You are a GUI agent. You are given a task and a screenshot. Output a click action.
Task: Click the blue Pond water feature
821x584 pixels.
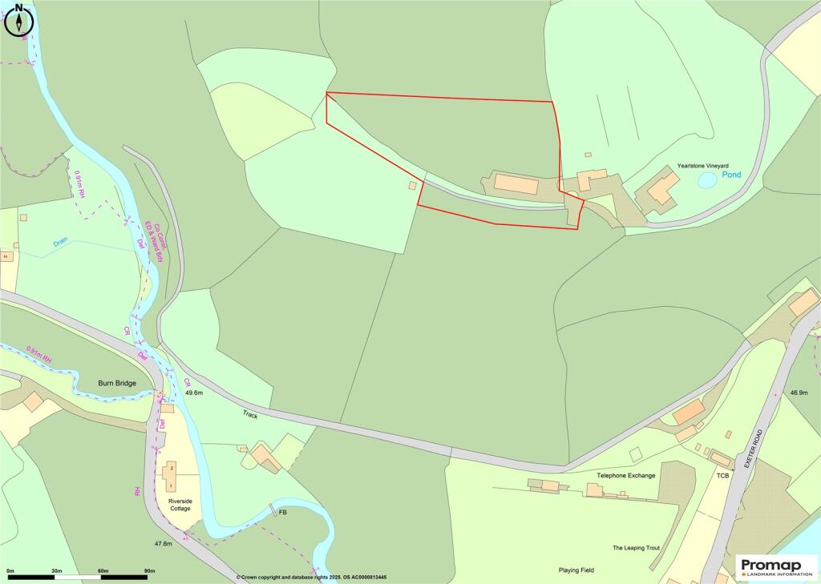click(x=707, y=181)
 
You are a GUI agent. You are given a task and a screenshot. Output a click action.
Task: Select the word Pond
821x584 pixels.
click(x=731, y=175)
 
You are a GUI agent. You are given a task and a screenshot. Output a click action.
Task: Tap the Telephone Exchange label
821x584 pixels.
click(x=626, y=475)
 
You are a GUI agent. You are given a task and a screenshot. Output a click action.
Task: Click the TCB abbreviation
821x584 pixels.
click(x=722, y=475)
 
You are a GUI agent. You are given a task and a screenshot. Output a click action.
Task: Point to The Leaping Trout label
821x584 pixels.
click(x=636, y=548)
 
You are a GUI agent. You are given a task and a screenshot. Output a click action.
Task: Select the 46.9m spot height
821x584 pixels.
click(x=799, y=393)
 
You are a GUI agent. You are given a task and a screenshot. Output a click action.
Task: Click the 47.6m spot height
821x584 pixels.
click(x=163, y=544)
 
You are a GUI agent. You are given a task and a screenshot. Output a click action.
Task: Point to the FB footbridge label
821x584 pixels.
click(x=283, y=511)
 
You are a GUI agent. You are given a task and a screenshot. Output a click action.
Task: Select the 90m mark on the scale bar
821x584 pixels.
click(x=148, y=570)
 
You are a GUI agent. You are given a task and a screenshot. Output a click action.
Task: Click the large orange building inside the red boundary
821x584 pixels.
click(x=516, y=184)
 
